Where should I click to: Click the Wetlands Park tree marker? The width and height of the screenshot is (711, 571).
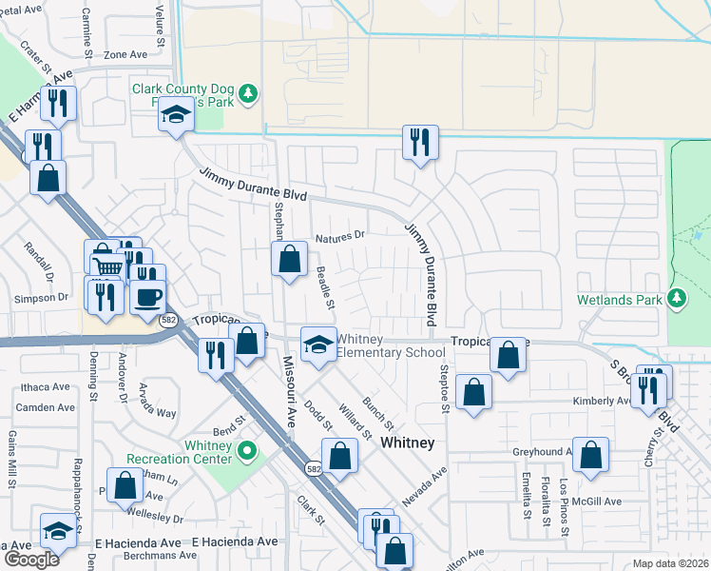point(677,299)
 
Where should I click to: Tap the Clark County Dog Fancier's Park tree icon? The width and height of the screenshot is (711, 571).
point(248,93)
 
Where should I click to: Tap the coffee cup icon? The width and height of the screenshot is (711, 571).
point(147,296)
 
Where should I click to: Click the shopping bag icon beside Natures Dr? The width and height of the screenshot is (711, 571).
point(289,258)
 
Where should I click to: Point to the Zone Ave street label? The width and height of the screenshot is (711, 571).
point(127,55)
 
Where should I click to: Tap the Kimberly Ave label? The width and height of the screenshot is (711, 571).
point(602,402)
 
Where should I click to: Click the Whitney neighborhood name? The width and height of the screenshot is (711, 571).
point(407,443)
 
